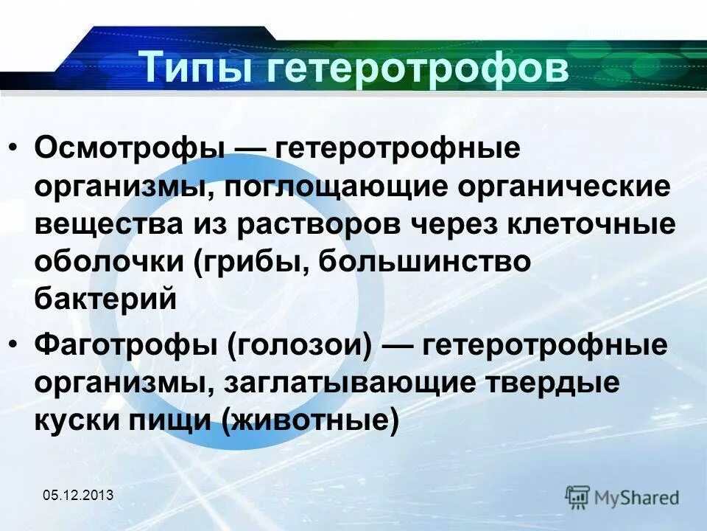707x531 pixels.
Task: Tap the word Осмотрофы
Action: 130,147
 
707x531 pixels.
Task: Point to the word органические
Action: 565,186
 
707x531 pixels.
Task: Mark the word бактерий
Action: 105,301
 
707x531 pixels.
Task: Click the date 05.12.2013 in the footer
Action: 77,495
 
